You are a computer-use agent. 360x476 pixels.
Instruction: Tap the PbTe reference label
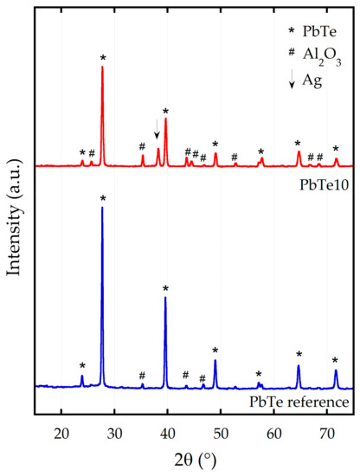click(299, 401)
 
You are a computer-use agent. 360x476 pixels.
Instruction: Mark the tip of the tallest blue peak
click(102, 208)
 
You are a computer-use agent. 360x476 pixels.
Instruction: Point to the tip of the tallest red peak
click(102, 67)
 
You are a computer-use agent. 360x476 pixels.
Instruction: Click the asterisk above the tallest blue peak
click(102, 199)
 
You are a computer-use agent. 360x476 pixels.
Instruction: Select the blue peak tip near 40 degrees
click(165, 298)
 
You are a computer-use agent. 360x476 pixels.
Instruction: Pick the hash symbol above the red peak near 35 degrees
click(142, 146)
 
